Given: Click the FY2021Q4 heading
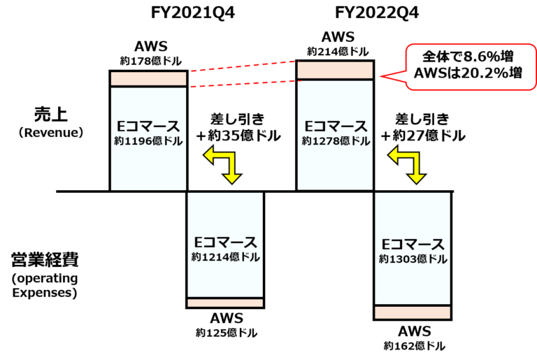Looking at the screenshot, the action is coord(193,13).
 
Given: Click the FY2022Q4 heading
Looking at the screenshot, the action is coord(377,13).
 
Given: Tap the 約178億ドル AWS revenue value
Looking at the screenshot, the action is coord(151,62).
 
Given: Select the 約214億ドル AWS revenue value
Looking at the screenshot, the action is coord(338,52).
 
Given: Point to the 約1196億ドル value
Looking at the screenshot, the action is coord(148,141).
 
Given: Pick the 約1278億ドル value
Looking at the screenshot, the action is coord(336,141).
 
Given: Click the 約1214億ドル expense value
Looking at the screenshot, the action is coord(225,257).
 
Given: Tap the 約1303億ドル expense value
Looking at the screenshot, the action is coord(413,259).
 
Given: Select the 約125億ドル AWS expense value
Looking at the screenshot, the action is coord(227,333).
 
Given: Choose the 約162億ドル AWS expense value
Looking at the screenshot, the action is coord(415,346).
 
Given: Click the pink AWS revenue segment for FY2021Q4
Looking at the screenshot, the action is coord(149,79).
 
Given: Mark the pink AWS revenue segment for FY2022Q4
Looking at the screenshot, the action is coord(336,70).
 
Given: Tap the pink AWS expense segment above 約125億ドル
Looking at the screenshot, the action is coord(225,303).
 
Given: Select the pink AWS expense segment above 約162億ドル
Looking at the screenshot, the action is coord(413,312).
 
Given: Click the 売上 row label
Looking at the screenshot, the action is coord(50,115).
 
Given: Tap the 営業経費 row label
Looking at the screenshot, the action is coord(45,259).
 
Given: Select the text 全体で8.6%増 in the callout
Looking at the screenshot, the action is coord(468,57).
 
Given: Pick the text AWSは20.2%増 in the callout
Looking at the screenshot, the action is coord(468,73).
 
